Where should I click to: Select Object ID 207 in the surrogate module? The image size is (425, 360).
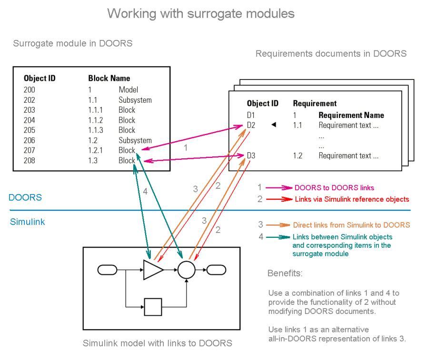point(29,151)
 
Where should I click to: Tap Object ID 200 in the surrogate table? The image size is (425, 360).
point(29,89)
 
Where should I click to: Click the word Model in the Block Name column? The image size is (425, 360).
point(128,89)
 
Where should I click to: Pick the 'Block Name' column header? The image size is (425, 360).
point(109,78)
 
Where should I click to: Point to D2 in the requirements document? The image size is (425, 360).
point(251,126)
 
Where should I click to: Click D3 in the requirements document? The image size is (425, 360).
point(251,156)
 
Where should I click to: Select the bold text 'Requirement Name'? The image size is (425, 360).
point(351,115)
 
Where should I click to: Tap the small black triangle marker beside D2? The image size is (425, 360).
point(274,125)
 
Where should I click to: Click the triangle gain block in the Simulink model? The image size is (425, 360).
point(152,270)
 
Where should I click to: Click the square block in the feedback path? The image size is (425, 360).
point(153,307)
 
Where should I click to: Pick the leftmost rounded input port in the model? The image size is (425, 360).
point(107,270)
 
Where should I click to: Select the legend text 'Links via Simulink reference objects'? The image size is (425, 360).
point(351,199)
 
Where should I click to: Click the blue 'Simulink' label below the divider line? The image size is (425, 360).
point(27,222)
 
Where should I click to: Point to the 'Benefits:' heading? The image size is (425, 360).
point(285,273)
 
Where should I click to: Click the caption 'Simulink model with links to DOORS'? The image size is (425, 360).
point(158,343)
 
